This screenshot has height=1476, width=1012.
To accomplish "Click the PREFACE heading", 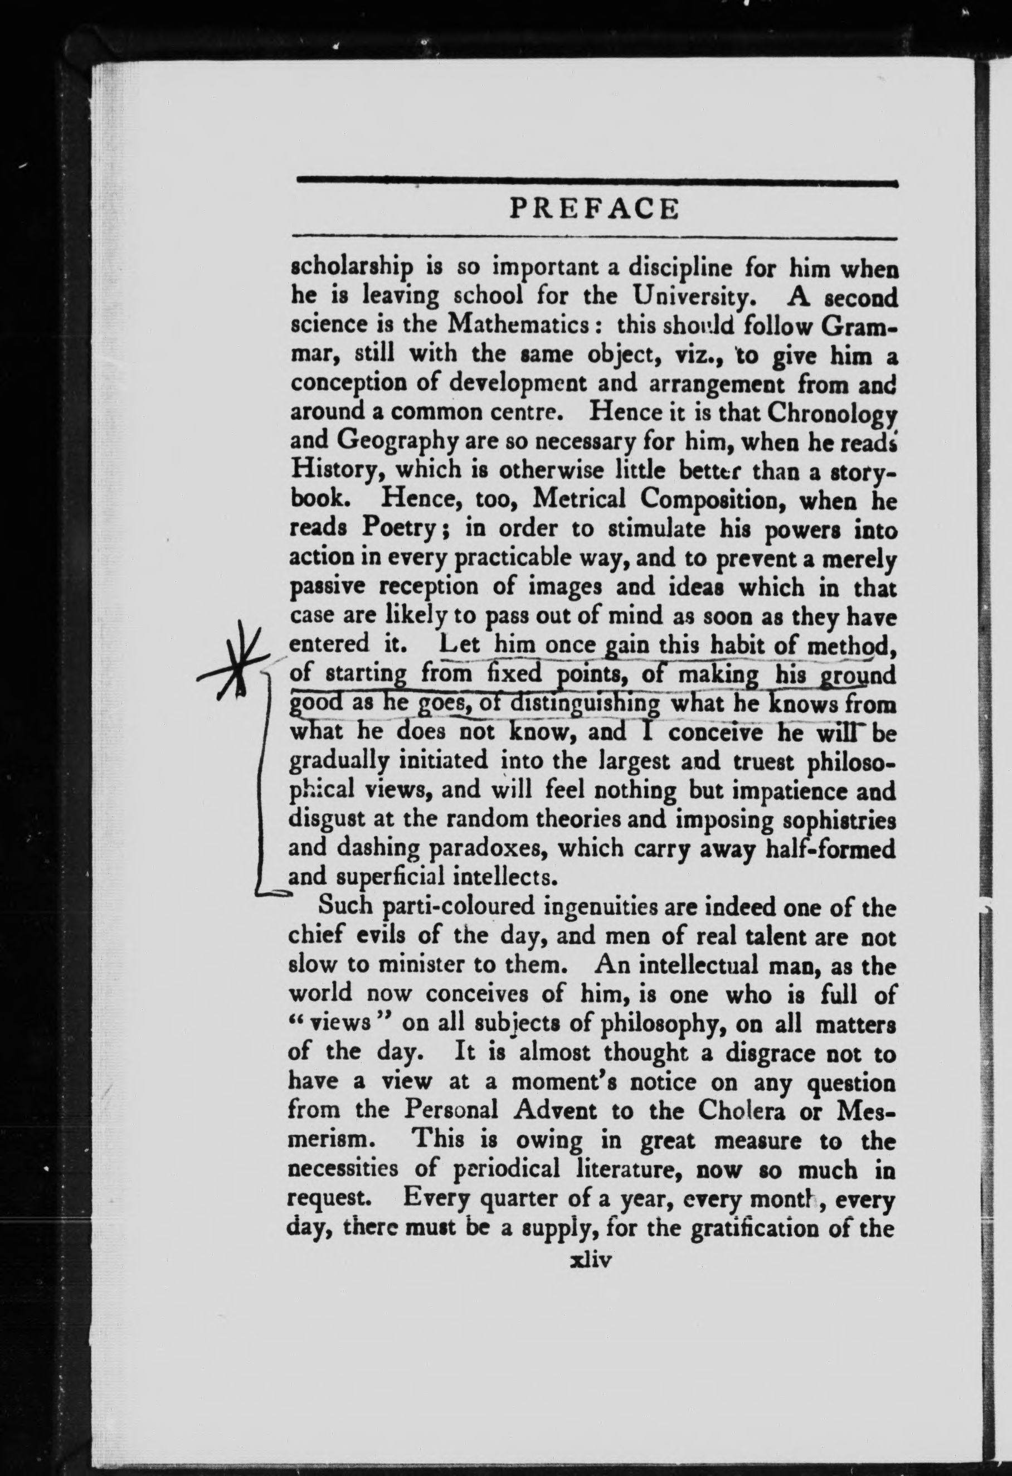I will tap(594, 209).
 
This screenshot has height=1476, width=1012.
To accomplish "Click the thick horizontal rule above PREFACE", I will tap(597, 183).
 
